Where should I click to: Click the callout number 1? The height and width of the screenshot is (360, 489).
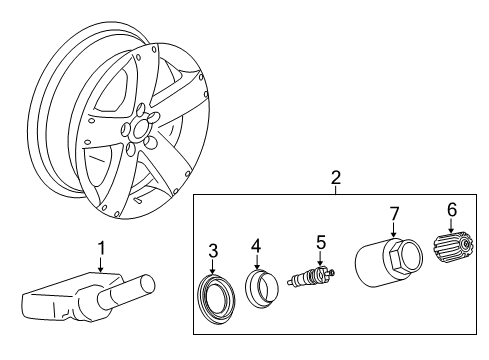click(x=100, y=247)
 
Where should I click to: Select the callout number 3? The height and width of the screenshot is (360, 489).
click(x=212, y=250)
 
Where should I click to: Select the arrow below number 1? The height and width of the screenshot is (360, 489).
click(x=100, y=264)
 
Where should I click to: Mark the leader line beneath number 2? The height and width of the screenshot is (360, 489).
click(x=336, y=191)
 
